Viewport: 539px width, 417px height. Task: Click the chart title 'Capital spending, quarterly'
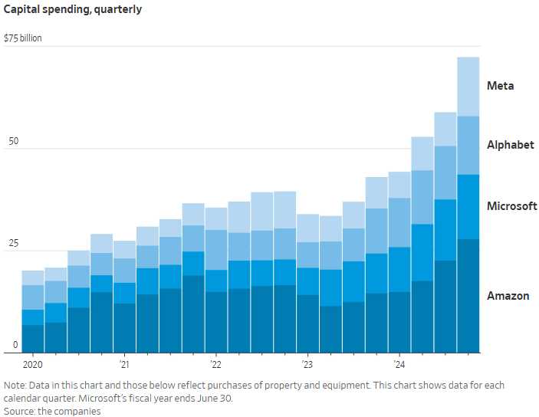(x=72, y=10)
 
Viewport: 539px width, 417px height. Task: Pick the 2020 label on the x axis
(x=34, y=364)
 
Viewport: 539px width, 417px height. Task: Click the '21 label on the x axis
(x=124, y=364)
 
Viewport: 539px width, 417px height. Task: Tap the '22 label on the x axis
(x=215, y=364)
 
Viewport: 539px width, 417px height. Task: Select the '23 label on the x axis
(x=307, y=364)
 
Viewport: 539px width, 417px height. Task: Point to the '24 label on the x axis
(x=399, y=364)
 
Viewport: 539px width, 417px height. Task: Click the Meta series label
(x=501, y=86)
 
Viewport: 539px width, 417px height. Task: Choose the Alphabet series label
(x=511, y=145)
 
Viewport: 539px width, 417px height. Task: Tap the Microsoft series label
(x=512, y=206)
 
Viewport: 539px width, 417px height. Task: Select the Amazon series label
(x=508, y=296)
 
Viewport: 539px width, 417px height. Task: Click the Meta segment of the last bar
(x=468, y=87)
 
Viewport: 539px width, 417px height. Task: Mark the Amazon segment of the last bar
(x=468, y=295)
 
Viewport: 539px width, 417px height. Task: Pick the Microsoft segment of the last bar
(x=468, y=206)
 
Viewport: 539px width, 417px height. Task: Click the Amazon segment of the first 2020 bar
(x=33, y=338)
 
